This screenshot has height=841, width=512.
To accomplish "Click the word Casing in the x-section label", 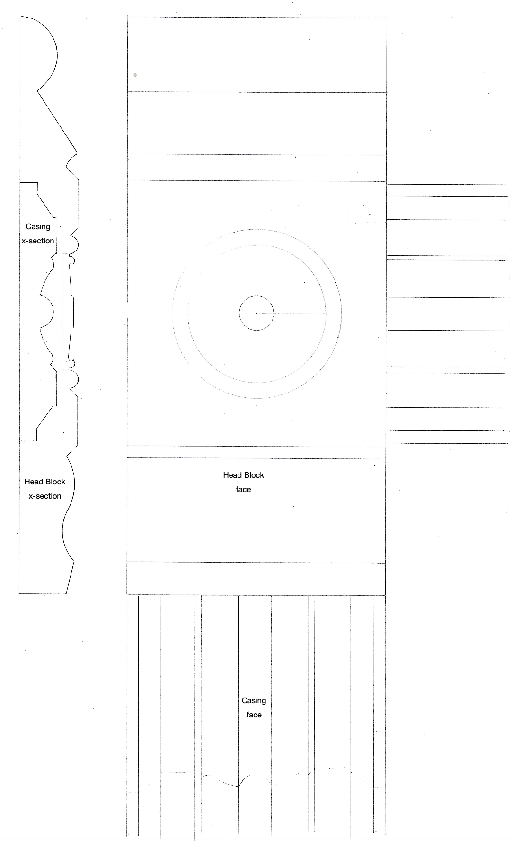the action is [38, 227].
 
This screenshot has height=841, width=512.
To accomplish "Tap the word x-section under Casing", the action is [38, 241].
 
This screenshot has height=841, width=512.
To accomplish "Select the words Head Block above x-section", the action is [45, 482].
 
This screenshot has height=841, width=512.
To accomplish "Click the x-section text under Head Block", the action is [45, 496].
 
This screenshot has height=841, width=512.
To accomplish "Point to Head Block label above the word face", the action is [244, 475].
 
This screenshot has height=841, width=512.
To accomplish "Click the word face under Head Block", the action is [244, 490].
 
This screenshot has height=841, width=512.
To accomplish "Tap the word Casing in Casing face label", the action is [254, 701].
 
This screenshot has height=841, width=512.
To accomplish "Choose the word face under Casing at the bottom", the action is [254, 715].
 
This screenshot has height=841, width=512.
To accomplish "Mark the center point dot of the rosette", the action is [257, 313].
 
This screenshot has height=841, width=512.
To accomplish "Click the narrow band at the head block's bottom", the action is [256, 579].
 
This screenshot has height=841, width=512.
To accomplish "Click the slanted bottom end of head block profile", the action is [70, 577].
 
